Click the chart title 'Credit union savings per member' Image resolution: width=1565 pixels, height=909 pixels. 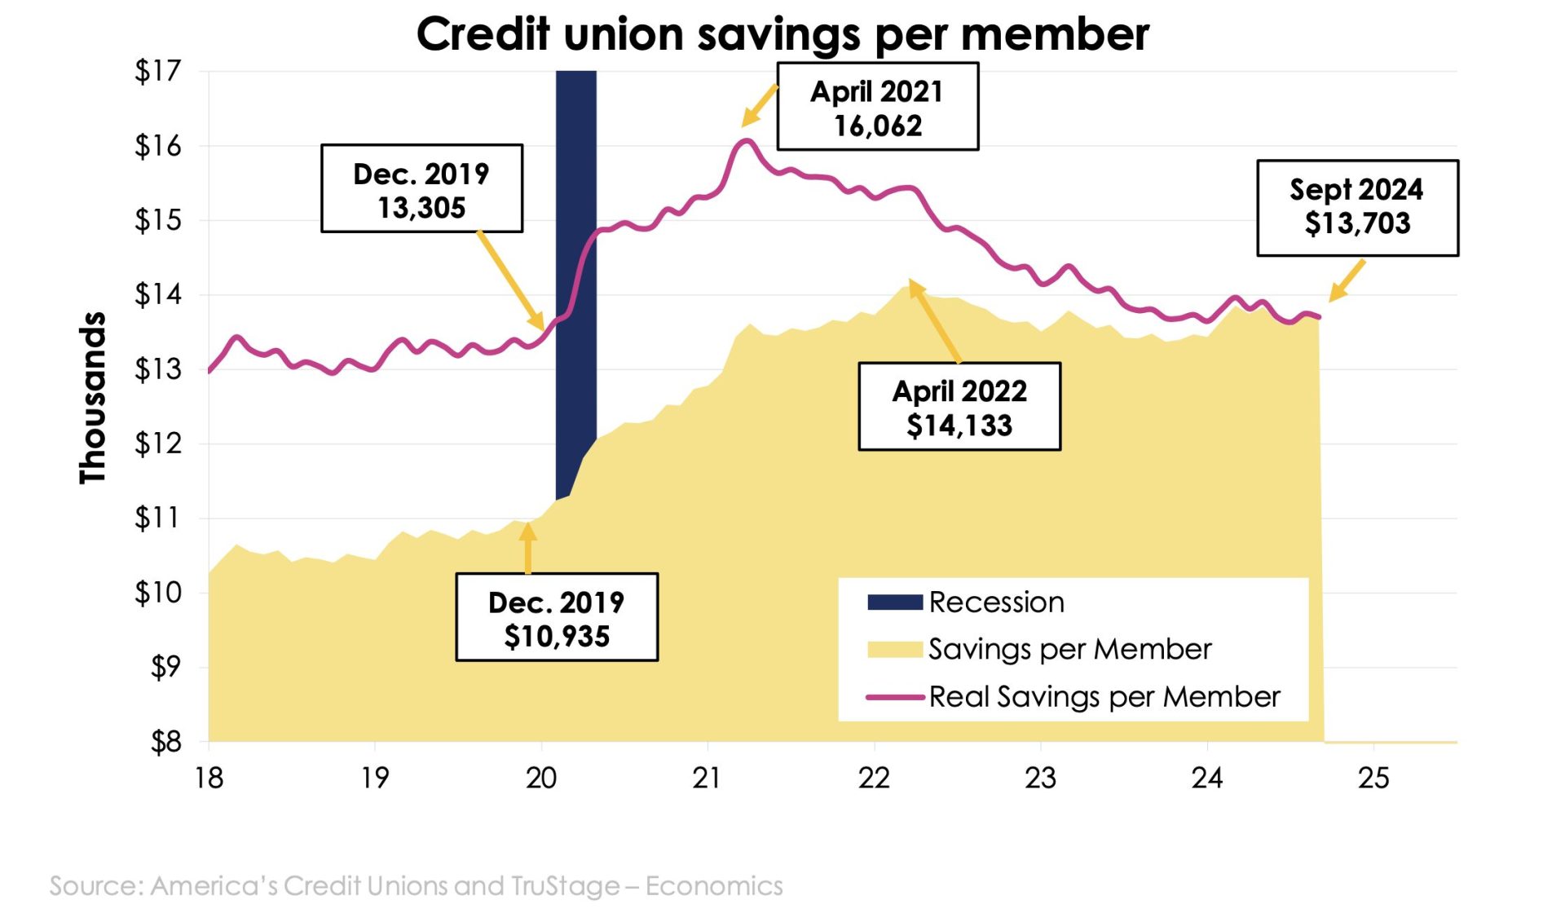[x=782, y=34]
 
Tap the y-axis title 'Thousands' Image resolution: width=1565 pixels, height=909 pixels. [x=93, y=398]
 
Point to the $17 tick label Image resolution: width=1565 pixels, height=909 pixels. [x=157, y=72]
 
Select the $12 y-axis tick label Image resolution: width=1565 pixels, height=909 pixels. [x=157, y=443]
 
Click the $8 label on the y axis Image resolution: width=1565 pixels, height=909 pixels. [x=165, y=742]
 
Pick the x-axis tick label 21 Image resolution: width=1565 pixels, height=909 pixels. [x=707, y=778]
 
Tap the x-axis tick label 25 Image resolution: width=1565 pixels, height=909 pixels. [x=1373, y=778]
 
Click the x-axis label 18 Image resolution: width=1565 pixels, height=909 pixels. [x=209, y=778]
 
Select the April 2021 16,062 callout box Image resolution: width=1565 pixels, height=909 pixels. [x=877, y=108]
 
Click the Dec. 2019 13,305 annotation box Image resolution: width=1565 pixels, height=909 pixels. [x=421, y=189]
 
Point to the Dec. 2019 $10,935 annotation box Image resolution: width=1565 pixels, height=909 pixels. [x=557, y=618]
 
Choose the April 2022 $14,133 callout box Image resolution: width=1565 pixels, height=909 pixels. [x=959, y=407]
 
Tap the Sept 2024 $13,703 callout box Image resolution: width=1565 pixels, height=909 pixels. [x=1357, y=208]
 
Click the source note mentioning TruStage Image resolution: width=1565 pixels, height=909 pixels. [x=416, y=885]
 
